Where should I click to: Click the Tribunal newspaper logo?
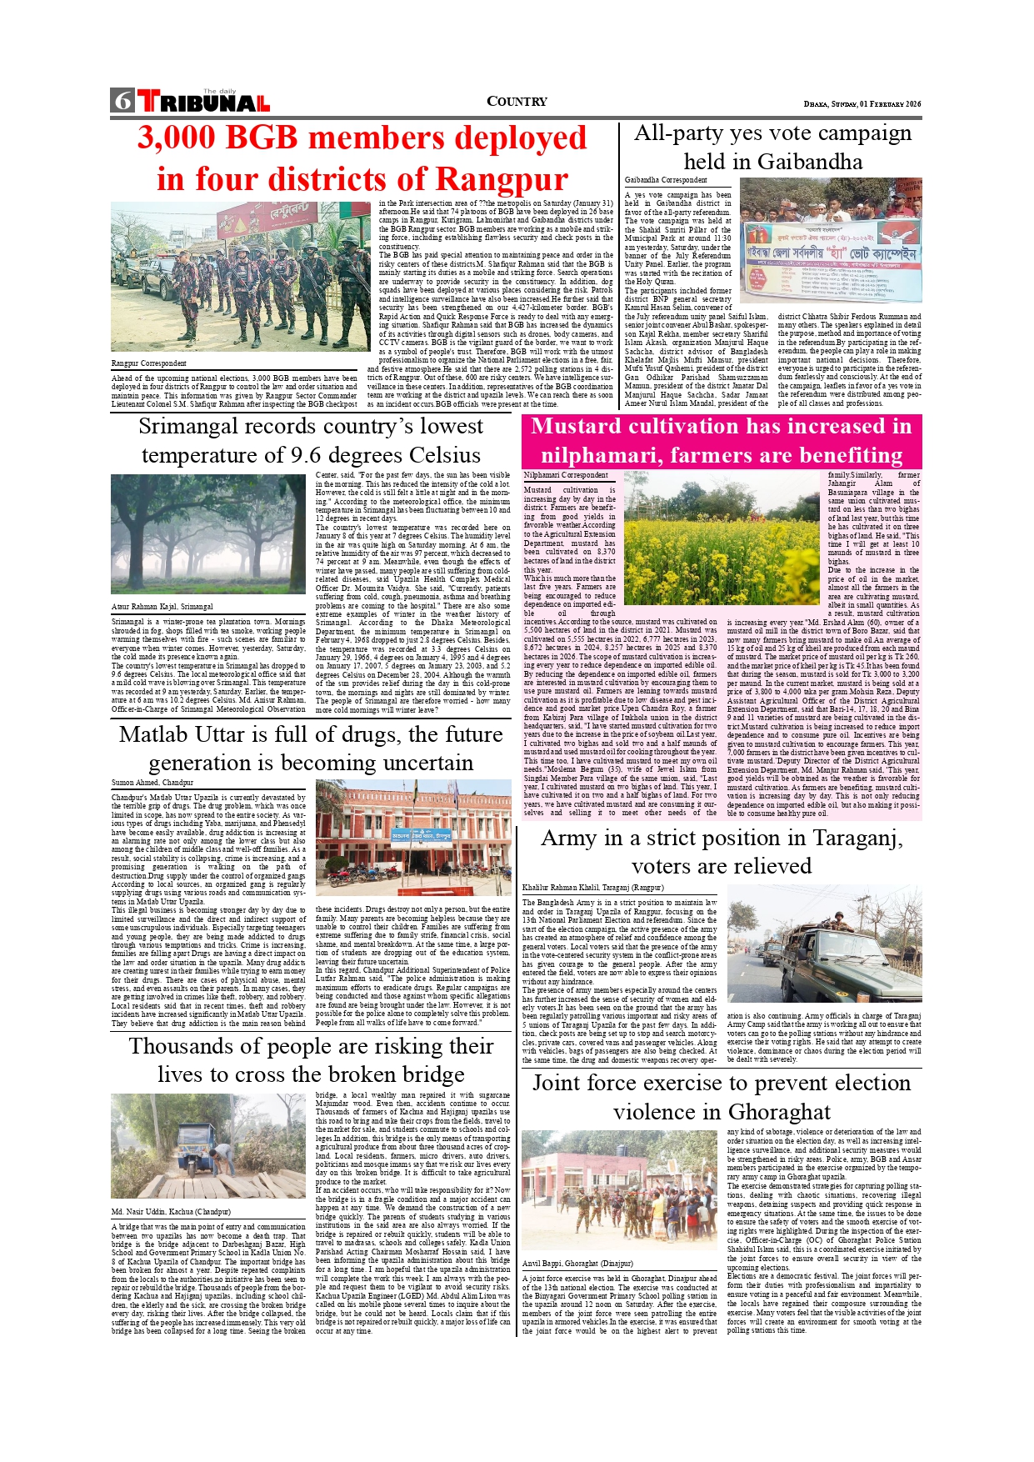coord(204,102)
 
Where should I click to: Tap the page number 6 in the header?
coord(122,101)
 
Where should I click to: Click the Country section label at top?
coord(517,102)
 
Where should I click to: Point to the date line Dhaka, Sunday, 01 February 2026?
coord(862,103)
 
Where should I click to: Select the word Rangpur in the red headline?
coord(502,179)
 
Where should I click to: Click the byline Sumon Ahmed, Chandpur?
coord(152,783)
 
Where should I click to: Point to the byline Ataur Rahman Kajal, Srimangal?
coord(162,607)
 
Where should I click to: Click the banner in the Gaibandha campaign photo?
coord(832,261)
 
